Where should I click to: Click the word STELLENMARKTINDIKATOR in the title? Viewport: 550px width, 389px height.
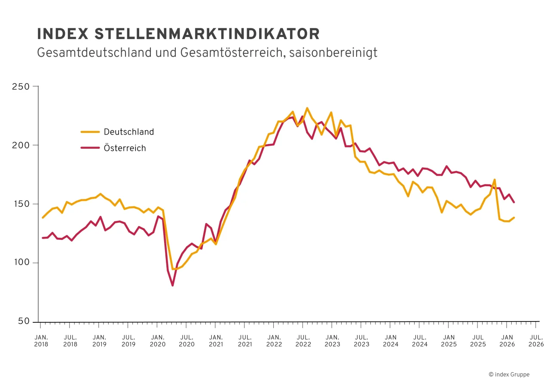coord(207,34)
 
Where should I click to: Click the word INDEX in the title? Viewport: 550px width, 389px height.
coord(63,34)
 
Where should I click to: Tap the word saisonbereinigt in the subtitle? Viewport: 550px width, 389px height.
coord(333,52)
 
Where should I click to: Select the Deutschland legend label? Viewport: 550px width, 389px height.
coord(128,132)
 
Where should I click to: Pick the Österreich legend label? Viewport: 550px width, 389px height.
coord(125,148)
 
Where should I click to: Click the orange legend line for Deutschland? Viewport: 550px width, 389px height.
coord(90,132)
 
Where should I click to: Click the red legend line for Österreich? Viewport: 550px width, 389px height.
coord(90,148)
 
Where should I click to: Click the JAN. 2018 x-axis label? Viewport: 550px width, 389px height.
coord(41,341)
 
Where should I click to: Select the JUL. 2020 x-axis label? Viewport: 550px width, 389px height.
coord(186,341)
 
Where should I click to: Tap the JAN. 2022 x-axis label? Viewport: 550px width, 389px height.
coord(274,341)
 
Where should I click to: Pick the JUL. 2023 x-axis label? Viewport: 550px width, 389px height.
coord(361,341)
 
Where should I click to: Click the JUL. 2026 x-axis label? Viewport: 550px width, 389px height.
coord(536,341)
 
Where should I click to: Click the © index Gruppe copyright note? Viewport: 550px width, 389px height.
coord(509,375)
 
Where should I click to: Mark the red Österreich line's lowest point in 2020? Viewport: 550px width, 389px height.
coord(172,285)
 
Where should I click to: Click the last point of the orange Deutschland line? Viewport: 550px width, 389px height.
coord(514,217)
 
